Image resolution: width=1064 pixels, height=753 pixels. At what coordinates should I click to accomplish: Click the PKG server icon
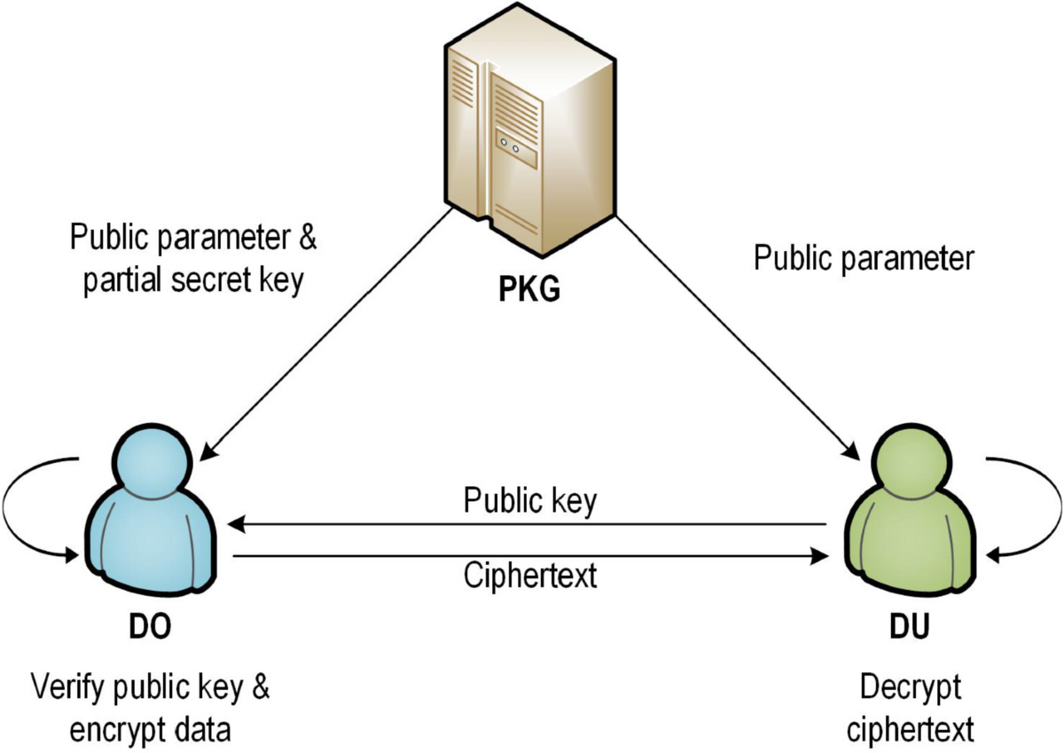(x=529, y=130)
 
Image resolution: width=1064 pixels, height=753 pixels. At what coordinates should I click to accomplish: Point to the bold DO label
(x=150, y=627)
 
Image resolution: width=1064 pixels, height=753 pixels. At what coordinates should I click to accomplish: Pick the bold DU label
(x=910, y=627)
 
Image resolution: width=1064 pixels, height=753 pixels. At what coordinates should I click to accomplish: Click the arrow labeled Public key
(x=528, y=525)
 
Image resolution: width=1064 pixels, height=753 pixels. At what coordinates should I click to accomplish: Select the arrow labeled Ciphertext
(x=530, y=555)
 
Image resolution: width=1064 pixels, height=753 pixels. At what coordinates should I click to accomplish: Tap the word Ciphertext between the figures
(x=530, y=576)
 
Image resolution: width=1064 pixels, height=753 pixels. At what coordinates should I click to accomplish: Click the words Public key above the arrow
(x=530, y=501)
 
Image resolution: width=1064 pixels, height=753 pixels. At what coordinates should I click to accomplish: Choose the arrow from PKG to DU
(x=738, y=338)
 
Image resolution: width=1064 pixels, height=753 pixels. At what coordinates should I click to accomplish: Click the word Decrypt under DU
(x=911, y=688)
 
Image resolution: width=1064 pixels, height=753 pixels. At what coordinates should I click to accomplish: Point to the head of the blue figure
(x=152, y=462)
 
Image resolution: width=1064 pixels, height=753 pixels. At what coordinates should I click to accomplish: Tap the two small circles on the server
(x=510, y=145)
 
